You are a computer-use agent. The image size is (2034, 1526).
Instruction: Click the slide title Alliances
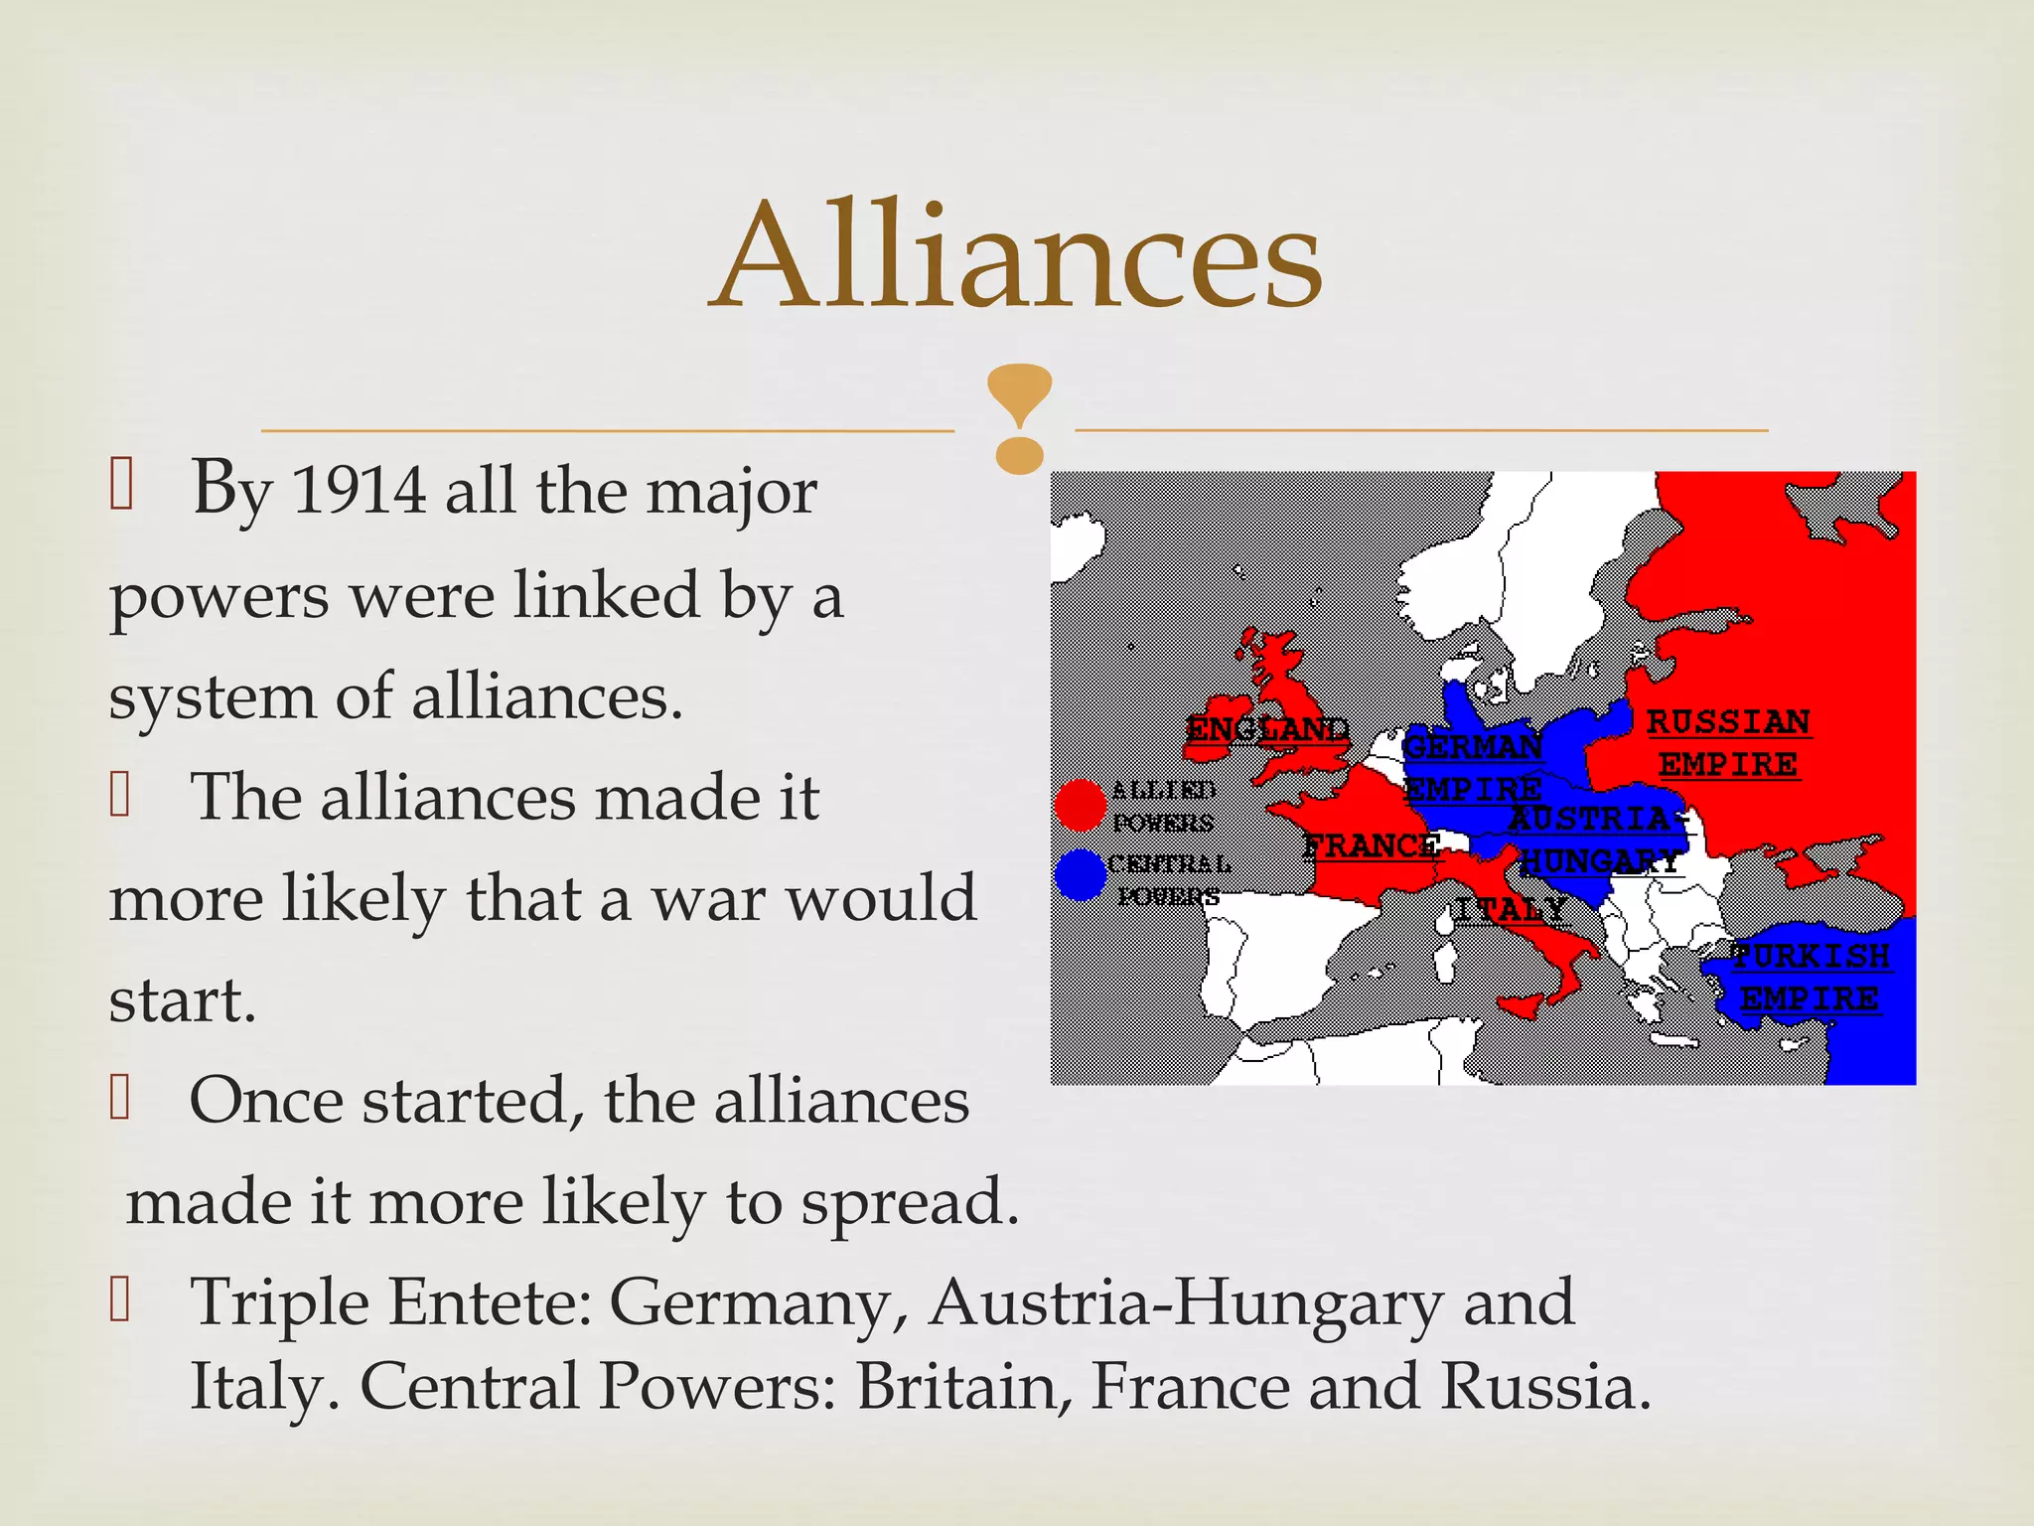click(x=1015, y=254)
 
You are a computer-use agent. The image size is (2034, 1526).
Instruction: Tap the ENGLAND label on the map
click(x=1267, y=730)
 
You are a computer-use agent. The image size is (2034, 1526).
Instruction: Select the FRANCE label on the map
click(x=1371, y=846)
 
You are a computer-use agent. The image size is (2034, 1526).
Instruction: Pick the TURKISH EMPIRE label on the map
click(x=1810, y=978)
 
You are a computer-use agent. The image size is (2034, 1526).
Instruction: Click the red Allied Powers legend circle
click(x=1080, y=805)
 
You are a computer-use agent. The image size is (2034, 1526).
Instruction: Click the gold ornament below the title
click(x=1019, y=418)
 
